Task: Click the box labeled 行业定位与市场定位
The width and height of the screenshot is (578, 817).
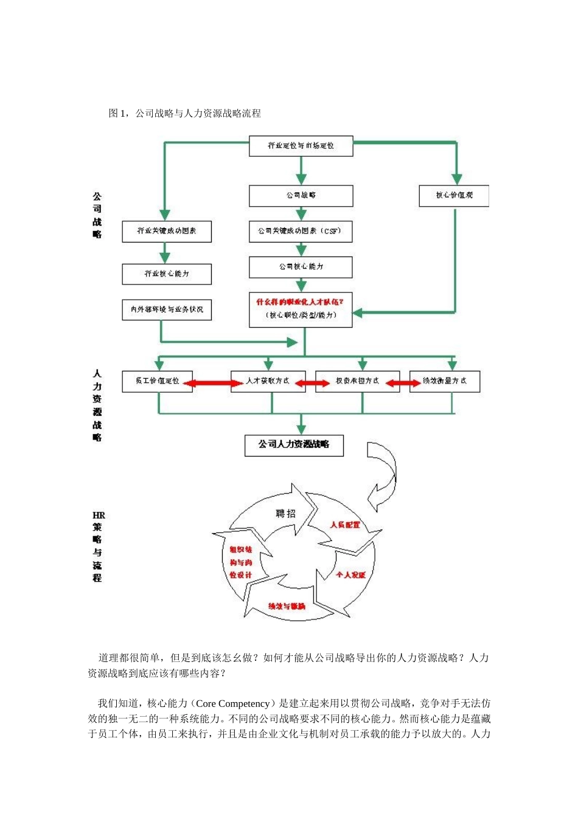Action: [x=301, y=146]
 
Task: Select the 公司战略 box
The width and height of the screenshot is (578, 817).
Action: [x=301, y=196]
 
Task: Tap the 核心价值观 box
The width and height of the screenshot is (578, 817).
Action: [x=454, y=196]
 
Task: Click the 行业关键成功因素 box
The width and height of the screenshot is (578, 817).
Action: [x=167, y=232]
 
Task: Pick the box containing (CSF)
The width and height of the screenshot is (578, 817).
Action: [x=301, y=232]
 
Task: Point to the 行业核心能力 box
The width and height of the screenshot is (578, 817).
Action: [x=167, y=274]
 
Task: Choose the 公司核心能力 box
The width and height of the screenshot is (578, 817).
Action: [x=301, y=267]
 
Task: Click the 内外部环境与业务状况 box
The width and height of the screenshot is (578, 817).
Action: [x=167, y=309]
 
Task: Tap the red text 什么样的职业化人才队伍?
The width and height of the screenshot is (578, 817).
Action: [x=299, y=302]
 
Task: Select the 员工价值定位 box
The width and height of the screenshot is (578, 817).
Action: [x=158, y=381]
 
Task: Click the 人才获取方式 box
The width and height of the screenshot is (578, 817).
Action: [x=268, y=381]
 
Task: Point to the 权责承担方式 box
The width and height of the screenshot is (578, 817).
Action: [x=357, y=381]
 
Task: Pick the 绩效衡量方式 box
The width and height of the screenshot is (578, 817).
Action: [x=445, y=381]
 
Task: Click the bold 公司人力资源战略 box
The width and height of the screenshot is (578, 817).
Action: [x=294, y=445]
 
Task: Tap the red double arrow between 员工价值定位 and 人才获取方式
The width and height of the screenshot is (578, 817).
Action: [x=212, y=383]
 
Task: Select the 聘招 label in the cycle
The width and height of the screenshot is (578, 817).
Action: [x=285, y=514]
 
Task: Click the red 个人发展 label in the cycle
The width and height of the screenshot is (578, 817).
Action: [x=350, y=574]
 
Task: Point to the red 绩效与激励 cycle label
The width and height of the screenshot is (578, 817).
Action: [x=287, y=606]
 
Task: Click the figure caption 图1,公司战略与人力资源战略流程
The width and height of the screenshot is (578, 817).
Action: [x=184, y=113]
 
